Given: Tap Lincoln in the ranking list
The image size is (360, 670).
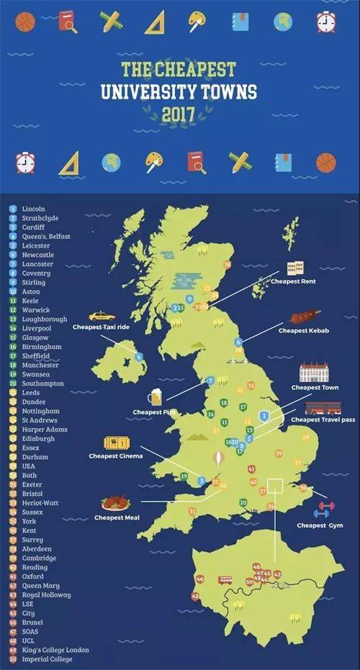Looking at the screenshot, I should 34,208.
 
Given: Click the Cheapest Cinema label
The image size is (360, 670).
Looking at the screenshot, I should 115,456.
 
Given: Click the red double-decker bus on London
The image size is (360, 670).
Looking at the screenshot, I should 225,579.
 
